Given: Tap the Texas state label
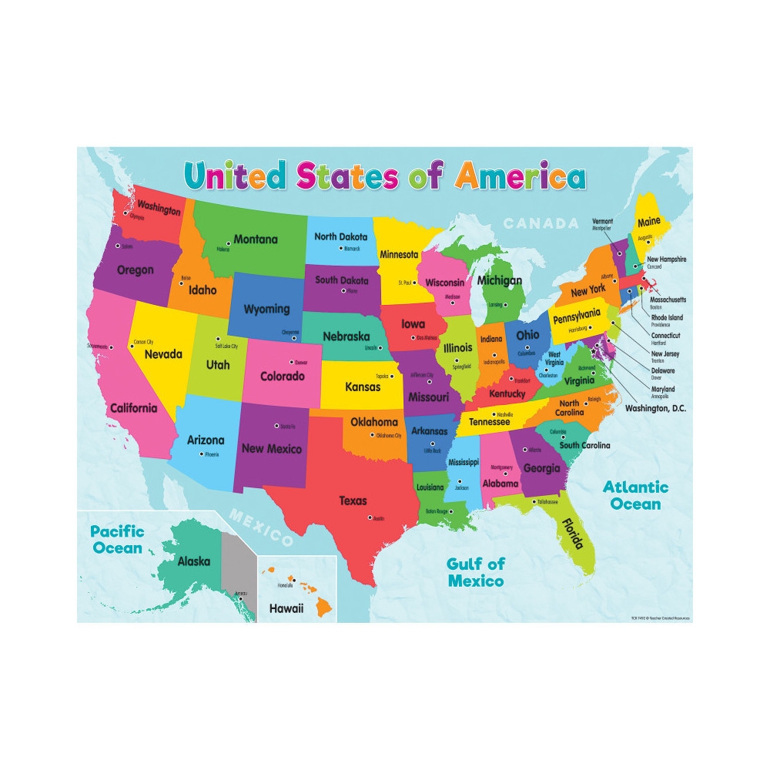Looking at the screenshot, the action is click(x=353, y=500).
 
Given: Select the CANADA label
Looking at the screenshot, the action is click(x=540, y=223).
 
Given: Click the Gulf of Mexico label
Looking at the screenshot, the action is click(x=476, y=572).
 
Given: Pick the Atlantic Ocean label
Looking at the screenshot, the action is click(x=635, y=495).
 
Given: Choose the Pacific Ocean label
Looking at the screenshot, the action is click(x=116, y=539).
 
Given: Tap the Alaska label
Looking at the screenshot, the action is click(x=193, y=561).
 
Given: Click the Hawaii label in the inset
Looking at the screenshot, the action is click(x=286, y=608).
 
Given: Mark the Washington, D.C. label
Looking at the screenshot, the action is click(x=655, y=407).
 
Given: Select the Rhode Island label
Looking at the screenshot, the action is click(x=667, y=317).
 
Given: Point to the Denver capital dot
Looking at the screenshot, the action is click(x=291, y=362).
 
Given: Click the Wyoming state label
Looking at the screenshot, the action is click(x=266, y=309).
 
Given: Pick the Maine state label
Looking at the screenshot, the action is click(x=650, y=223).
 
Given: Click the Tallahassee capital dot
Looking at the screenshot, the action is click(x=534, y=502).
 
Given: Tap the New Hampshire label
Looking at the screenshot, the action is click(x=666, y=259).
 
